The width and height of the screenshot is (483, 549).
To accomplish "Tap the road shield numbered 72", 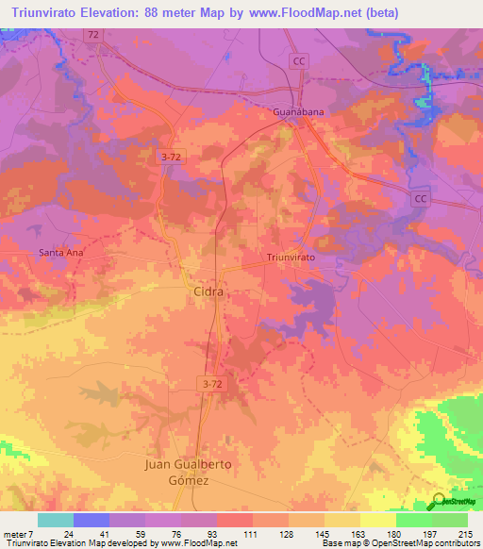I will point(92,35).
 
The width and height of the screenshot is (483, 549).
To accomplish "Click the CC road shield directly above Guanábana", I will point(300,60).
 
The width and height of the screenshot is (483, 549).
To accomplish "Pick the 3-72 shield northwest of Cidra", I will point(169,158).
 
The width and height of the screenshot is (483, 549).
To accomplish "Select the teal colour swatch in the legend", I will point(55,520).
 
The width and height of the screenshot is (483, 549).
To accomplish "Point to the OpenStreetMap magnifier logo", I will point(439,501).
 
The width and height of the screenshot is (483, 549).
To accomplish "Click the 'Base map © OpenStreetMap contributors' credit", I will point(400,543).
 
